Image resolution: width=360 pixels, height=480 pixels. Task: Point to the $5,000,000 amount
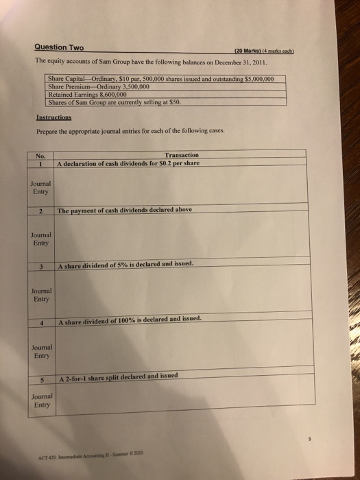pos(257,79)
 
